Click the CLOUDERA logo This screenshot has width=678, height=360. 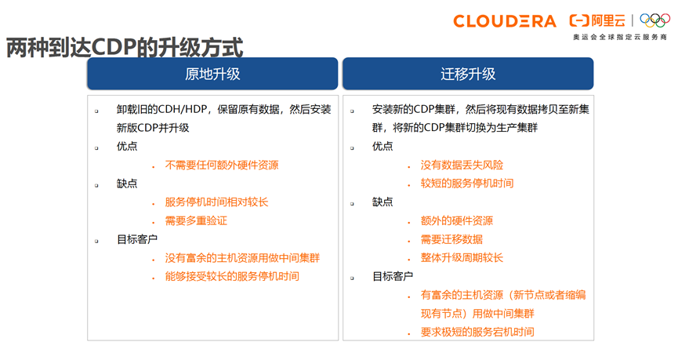click(x=505, y=21)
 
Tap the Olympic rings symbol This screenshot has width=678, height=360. click(x=655, y=20)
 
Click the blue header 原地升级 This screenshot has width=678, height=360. click(x=212, y=75)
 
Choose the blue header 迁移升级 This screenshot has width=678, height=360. click(x=468, y=75)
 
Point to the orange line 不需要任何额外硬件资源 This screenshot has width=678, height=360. click(x=221, y=165)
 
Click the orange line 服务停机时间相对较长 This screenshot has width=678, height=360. click(x=216, y=202)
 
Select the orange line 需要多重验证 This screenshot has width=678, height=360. click(x=196, y=221)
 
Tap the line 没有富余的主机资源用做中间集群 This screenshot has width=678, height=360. click(x=242, y=258)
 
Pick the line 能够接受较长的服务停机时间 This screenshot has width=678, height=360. click(x=232, y=277)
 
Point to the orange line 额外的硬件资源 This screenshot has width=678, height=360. click(x=457, y=221)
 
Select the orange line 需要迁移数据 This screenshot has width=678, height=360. click(x=451, y=239)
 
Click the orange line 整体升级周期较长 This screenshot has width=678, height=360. click(x=462, y=258)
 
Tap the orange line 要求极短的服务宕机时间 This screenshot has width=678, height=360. click(x=477, y=333)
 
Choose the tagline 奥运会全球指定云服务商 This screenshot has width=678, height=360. click(x=620, y=38)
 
